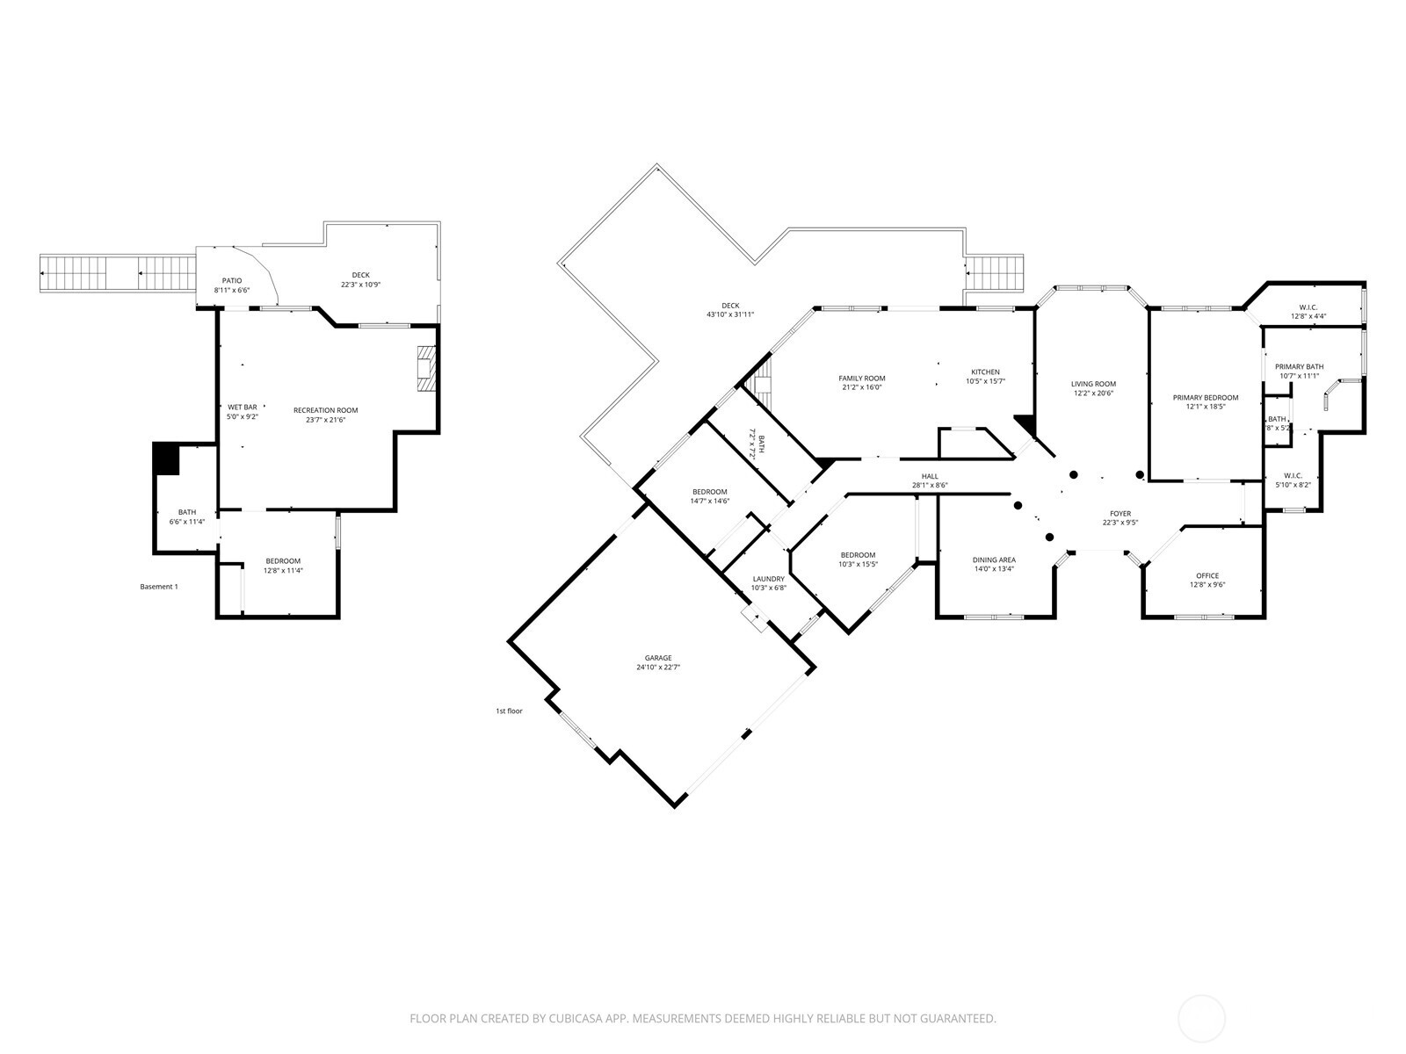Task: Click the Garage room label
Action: (x=658, y=657)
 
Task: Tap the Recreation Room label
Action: (x=326, y=410)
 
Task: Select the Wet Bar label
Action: (x=243, y=407)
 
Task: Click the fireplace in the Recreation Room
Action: (x=426, y=368)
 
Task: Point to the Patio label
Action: (x=232, y=280)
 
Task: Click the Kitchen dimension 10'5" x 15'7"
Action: (x=985, y=381)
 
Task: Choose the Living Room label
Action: (x=1093, y=384)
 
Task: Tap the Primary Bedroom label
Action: (x=1206, y=397)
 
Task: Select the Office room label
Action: (x=1207, y=575)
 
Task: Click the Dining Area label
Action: (x=994, y=559)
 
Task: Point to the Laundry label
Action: (x=768, y=579)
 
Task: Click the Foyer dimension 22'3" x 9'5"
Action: (x=1120, y=523)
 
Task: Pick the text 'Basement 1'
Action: (x=159, y=587)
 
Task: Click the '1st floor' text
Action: (x=509, y=711)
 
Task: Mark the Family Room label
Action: (x=861, y=379)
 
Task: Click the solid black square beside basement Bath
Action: (x=166, y=458)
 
